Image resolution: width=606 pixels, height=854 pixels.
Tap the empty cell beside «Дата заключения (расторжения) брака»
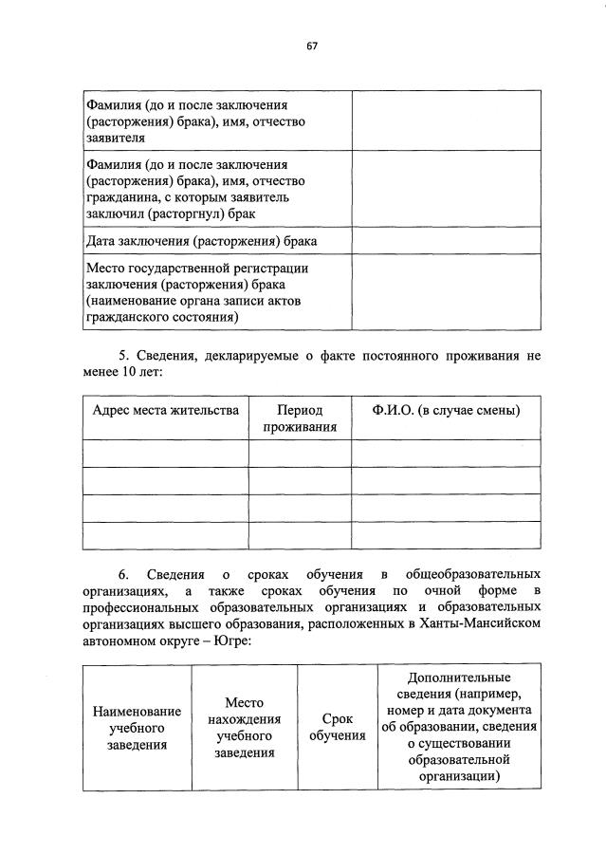[446, 241]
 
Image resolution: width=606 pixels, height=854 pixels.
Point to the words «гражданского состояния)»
[161, 318]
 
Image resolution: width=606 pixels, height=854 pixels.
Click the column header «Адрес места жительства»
[165, 410]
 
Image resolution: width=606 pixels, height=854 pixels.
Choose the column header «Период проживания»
[300, 418]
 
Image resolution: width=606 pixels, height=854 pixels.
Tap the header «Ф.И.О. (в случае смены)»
[446, 410]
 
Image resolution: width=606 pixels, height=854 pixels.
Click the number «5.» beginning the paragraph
[125, 356]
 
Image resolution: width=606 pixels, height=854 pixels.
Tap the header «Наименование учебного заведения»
[137, 728]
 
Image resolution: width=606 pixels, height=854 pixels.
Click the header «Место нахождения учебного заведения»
[245, 728]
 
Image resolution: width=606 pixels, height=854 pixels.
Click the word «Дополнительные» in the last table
[459, 678]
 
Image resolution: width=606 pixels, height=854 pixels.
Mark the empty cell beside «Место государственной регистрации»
[446, 292]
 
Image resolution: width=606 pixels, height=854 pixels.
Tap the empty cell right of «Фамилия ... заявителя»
[446, 120]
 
